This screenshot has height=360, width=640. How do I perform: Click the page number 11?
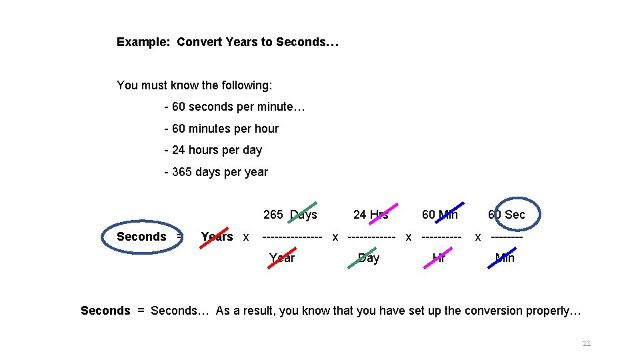tap(587, 343)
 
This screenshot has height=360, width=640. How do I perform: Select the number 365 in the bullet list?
tap(182, 172)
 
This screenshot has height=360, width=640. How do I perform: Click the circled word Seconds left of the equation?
tap(141, 237)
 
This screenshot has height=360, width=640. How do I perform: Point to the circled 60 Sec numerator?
tap(507, 215)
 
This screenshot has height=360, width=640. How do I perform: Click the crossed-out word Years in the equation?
tap(217, 237)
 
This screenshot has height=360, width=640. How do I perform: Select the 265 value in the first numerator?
tap(273, 215)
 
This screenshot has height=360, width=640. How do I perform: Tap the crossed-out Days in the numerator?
tap(304, 215)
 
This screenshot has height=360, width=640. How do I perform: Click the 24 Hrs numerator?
tap(371, 215)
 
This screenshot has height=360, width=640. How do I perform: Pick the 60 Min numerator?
tap(439, 215)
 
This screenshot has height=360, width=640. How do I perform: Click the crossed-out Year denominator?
tap(281, 258)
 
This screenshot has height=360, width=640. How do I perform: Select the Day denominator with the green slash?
tap(368, 258)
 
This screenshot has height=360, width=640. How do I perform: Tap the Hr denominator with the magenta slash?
tap(439, 258)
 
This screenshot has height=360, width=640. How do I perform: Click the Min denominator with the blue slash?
tap(505, 258)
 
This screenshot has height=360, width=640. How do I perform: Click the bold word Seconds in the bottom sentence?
tap(105, 311)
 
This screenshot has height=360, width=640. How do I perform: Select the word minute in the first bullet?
tap(275, 107)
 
